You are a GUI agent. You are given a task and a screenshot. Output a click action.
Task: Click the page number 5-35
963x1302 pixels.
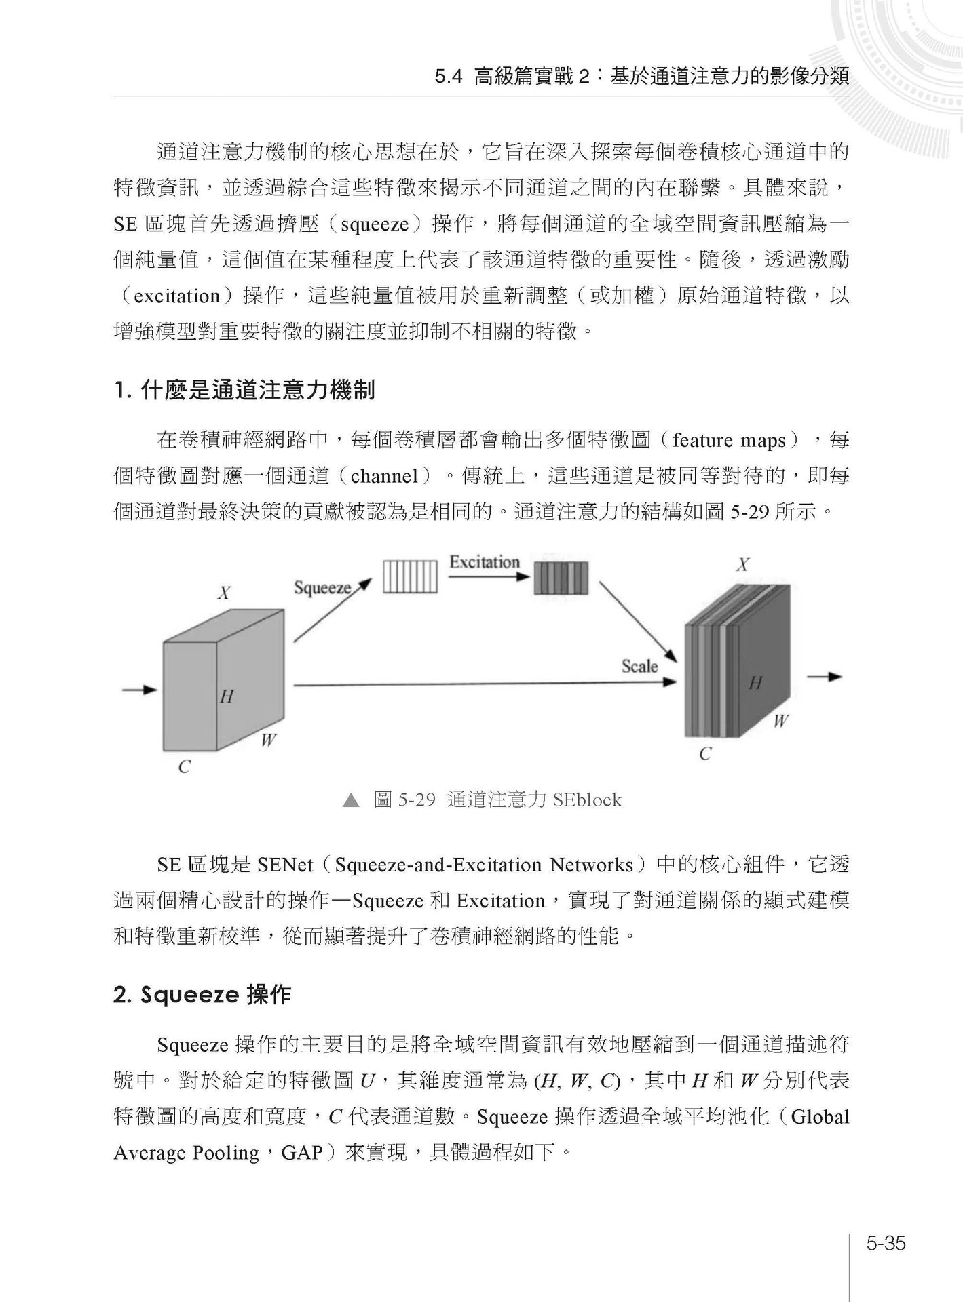pos(886,1243)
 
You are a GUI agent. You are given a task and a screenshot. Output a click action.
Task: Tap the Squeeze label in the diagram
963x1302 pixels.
pos(322,587)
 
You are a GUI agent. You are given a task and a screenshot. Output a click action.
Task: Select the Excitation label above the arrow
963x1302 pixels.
pos(484,561)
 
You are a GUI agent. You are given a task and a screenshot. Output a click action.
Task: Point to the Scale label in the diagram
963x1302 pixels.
pos(639,666)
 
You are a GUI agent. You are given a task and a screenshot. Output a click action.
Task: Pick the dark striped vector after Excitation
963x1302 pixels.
pos(561,578)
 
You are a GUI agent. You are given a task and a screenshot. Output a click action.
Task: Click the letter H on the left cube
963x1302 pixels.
pos(227,696)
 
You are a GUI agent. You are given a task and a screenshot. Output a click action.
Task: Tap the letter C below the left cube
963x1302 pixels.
pos(184,767)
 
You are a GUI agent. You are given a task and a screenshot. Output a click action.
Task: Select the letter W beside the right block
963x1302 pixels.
pos(780,722)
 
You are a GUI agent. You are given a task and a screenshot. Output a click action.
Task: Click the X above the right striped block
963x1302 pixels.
pos(743,564)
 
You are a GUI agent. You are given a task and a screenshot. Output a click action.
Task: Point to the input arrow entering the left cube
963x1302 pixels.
pos(139,690)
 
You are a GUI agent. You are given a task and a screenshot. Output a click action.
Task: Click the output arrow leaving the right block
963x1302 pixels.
pos(824,677)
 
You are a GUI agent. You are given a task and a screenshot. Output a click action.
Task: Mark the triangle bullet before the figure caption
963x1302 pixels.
pos(350,801)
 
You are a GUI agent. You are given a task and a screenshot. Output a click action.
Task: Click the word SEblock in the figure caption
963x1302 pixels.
pos(586,800)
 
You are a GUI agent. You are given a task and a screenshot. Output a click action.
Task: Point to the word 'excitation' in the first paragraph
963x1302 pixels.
pos(178,296)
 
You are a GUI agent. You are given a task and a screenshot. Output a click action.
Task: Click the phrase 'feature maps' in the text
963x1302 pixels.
pos(728,441)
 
